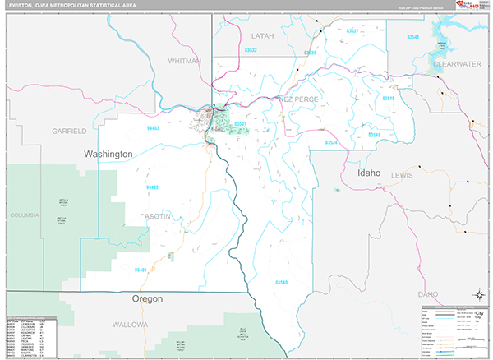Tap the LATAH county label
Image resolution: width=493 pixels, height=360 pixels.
tap(261, 36)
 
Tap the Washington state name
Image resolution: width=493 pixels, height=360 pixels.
tap(108, 154)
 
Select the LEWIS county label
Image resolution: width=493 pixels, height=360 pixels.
tap(403, 175)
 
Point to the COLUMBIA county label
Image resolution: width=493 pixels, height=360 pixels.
tap(25, 215)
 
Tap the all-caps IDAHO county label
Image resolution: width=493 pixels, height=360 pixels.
tap(426, 293)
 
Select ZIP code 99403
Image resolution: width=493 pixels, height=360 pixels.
tap(152, 128)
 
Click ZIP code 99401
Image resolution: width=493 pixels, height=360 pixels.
tap(141, 270)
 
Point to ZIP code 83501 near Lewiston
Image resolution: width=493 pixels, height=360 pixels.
tap(240, 124)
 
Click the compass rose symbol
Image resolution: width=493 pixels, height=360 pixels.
tap(478, 294)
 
